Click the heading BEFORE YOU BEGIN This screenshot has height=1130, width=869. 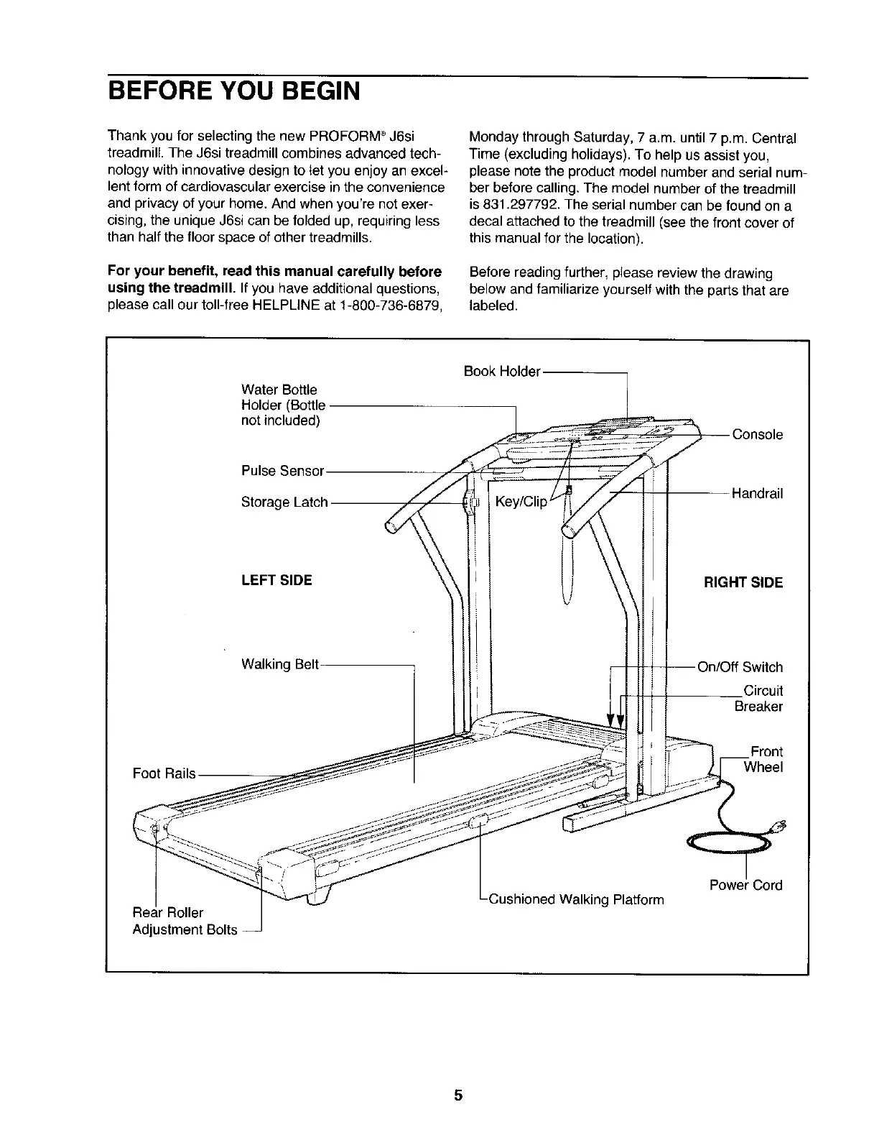click(233, 91)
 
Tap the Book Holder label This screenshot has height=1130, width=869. click(501, 371)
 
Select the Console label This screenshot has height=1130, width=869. click(757, 434)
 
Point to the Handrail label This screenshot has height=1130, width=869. click(757, 493)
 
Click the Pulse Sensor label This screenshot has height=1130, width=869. click(283, 471)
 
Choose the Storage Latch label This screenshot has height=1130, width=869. click(284, 502)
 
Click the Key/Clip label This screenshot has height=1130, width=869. click(521, 502)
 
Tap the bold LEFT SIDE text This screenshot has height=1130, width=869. click(276, 580)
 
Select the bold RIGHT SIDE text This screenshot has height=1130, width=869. click(743, 582)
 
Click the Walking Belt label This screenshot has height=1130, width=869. click(280, 664)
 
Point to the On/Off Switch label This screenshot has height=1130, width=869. click(740, 667)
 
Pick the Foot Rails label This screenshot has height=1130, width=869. click(164, 773)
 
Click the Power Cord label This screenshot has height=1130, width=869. click(745, 885)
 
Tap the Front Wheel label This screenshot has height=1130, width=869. click(763, 759)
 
